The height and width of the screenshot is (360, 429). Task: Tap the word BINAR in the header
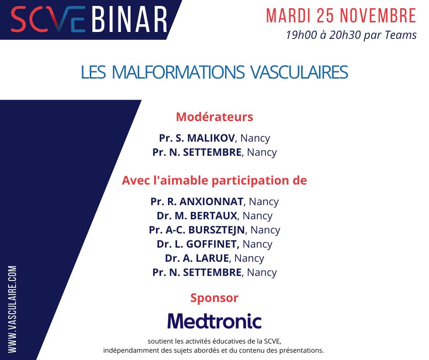coord(129,19)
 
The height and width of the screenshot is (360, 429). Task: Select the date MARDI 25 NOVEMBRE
coord(341,16)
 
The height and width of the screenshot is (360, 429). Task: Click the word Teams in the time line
coord(402,35)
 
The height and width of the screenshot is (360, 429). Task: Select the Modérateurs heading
coord(214,117)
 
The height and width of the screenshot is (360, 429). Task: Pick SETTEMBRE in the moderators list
coord(212,152)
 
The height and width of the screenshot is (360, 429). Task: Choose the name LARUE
coord(212,258)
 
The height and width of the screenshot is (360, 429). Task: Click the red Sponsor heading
coord(214,298)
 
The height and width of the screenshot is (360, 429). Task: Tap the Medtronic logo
coord(214,321)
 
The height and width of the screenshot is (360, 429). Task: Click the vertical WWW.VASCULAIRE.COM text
coord(12,309)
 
